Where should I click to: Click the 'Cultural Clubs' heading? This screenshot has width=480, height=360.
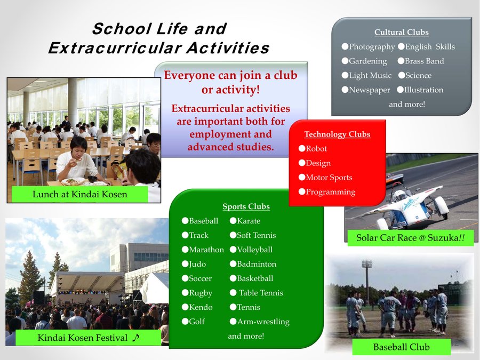(x=401, y=32)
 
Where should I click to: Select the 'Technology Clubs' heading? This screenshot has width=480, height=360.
(x=337, y=134)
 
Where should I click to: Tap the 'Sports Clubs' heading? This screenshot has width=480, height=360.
(x=246, y=206)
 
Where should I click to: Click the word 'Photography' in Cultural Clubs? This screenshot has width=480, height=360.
(x=372, y=47)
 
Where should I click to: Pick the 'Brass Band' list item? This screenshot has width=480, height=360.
(x=425, y=61)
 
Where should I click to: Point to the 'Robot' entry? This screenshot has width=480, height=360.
(x=316, y=148)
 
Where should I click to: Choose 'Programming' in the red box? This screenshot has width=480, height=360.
(x=330, y=192)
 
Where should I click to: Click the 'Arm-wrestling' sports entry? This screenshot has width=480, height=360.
(x=263, y=322)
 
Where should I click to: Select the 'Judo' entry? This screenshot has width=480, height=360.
(x=197, y=264)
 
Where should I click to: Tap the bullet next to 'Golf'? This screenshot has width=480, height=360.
(x=185, y=321)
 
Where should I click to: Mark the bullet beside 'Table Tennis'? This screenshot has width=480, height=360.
(x=233, y=293)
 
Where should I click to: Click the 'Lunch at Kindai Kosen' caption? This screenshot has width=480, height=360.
(x=79, y=194)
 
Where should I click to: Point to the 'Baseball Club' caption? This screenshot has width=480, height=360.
(x=401, y=347)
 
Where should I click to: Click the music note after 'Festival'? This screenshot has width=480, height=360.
(x=135, y=338)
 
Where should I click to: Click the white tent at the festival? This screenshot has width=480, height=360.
(x=155, y=288)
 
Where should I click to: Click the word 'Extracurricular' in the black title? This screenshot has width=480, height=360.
(x=115, y=48)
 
